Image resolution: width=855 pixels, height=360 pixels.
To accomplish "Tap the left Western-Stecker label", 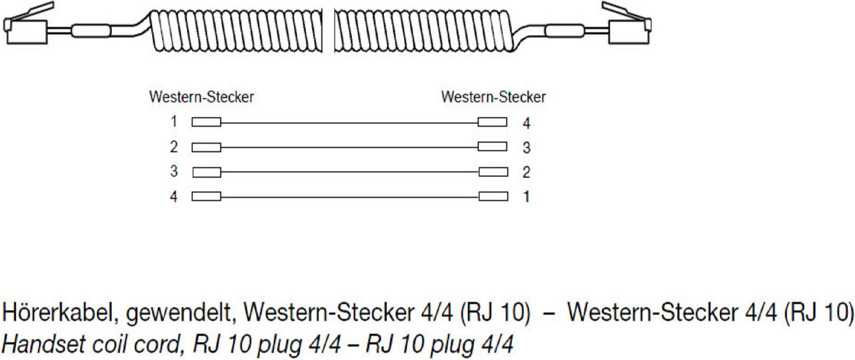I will (x=201, y=97).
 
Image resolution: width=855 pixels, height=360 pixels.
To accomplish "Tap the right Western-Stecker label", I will (x=493, y=97).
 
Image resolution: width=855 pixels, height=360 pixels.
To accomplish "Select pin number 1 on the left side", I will (x=174, y=121).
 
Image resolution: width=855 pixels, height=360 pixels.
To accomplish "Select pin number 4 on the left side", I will (x=174, y=196).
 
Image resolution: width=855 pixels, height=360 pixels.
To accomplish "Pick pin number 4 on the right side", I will (x=526, y=123).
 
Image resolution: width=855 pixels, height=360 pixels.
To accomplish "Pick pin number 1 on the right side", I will (x=526, y=196).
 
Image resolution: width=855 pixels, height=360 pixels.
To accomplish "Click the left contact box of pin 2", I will (x=206, y=147).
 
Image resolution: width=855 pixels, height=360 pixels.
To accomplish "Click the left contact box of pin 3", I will (x=207, y=172).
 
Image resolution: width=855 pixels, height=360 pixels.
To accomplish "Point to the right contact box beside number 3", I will (x=492, y=147).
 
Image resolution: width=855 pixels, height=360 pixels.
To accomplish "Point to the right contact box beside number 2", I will (x=493, y=172).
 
